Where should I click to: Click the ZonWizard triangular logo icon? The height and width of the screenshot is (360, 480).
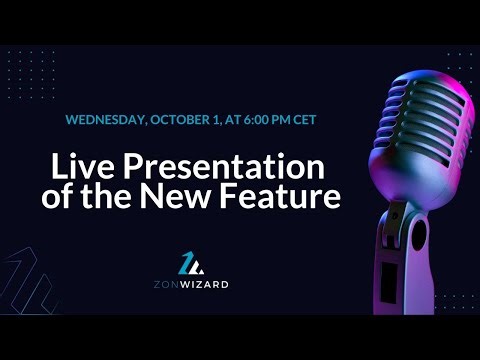[x=191, y=262]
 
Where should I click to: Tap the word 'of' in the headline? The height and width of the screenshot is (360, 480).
[x=59, y=197]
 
